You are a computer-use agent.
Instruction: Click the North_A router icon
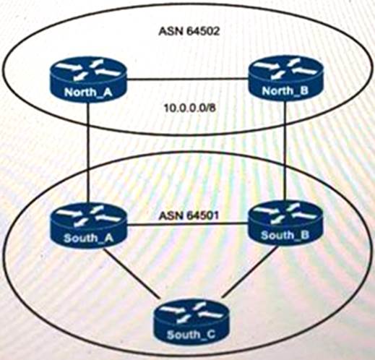coord(89,79)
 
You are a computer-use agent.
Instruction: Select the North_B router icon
coord(285,78)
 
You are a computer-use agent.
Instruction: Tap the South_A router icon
coord(89,226)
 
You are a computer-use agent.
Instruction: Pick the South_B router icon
coord(285,223)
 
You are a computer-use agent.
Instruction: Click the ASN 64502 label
coord(189,31)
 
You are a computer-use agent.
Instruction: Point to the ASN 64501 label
coord(189,215)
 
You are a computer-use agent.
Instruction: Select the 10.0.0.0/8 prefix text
coord(190,108)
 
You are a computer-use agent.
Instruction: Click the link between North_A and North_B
coord(188,79)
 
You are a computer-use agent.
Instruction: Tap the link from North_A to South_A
coord(89,153)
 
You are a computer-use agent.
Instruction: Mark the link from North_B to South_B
coord(286,150)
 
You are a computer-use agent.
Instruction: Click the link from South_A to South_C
coord(132,273)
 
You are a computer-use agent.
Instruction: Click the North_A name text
coord(88,92)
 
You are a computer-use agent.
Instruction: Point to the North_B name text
coord(285,90)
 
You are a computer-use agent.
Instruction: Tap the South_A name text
coord(88,238)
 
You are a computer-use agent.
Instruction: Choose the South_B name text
coord(285,235)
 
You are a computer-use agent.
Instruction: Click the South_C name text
coord(191,335)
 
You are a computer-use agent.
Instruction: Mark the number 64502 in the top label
coord(203,31)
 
